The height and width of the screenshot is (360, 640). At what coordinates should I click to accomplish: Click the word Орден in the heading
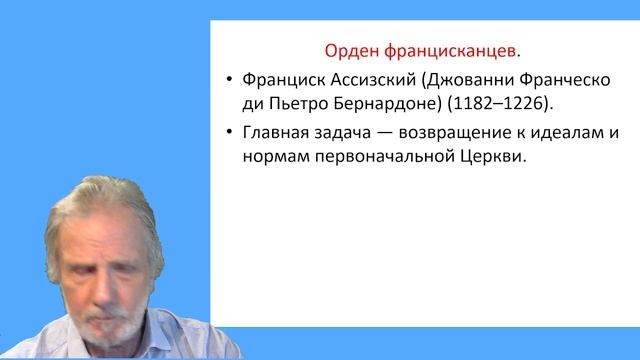[354, 48]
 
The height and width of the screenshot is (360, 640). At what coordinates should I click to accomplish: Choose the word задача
[348, 134]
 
